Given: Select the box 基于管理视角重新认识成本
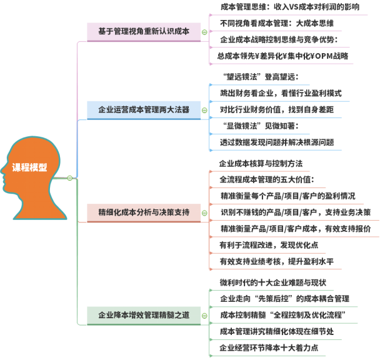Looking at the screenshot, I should click(144, 31).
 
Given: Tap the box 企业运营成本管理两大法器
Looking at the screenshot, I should click(144, 110).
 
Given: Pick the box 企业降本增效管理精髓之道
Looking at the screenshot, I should click(144, 315).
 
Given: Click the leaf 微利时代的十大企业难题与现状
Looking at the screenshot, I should click(274, 282).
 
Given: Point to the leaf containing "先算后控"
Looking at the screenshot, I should click(284, 298).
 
